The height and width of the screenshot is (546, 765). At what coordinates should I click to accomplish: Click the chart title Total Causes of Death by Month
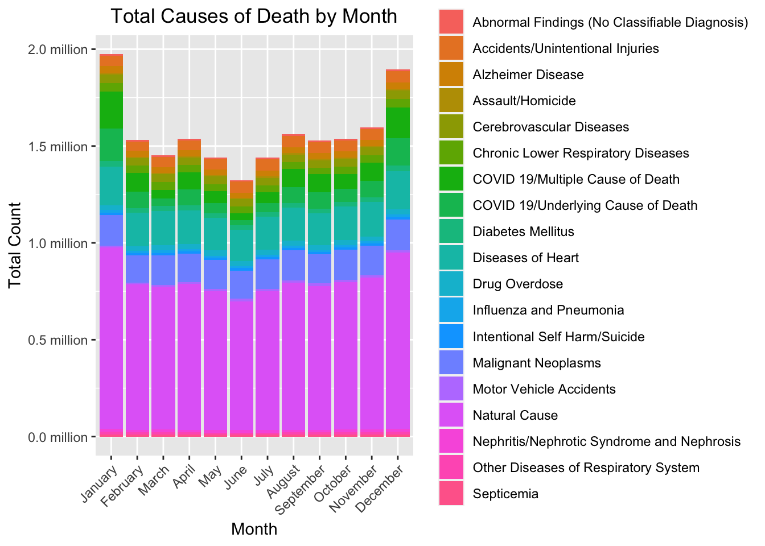click(254, 16)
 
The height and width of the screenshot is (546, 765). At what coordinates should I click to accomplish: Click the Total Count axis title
click(15, 245)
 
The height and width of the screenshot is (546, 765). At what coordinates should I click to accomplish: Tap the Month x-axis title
click(254, 529)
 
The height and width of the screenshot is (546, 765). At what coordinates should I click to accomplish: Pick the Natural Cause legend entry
click(515, 415)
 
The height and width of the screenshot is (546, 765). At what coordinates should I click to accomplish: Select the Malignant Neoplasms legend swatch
click(451, 363)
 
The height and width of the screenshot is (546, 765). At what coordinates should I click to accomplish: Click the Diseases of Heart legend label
click(525, 258)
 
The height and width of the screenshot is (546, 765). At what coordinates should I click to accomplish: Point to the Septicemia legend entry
click(505, 494)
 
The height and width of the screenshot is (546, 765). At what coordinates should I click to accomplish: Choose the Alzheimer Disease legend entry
click(528, 75)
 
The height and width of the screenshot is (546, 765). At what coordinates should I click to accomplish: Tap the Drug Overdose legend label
click(517, 284)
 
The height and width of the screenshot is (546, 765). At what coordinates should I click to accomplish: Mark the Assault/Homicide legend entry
click(524, 101)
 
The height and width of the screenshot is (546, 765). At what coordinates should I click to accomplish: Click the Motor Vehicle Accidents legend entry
click(544, 389)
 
